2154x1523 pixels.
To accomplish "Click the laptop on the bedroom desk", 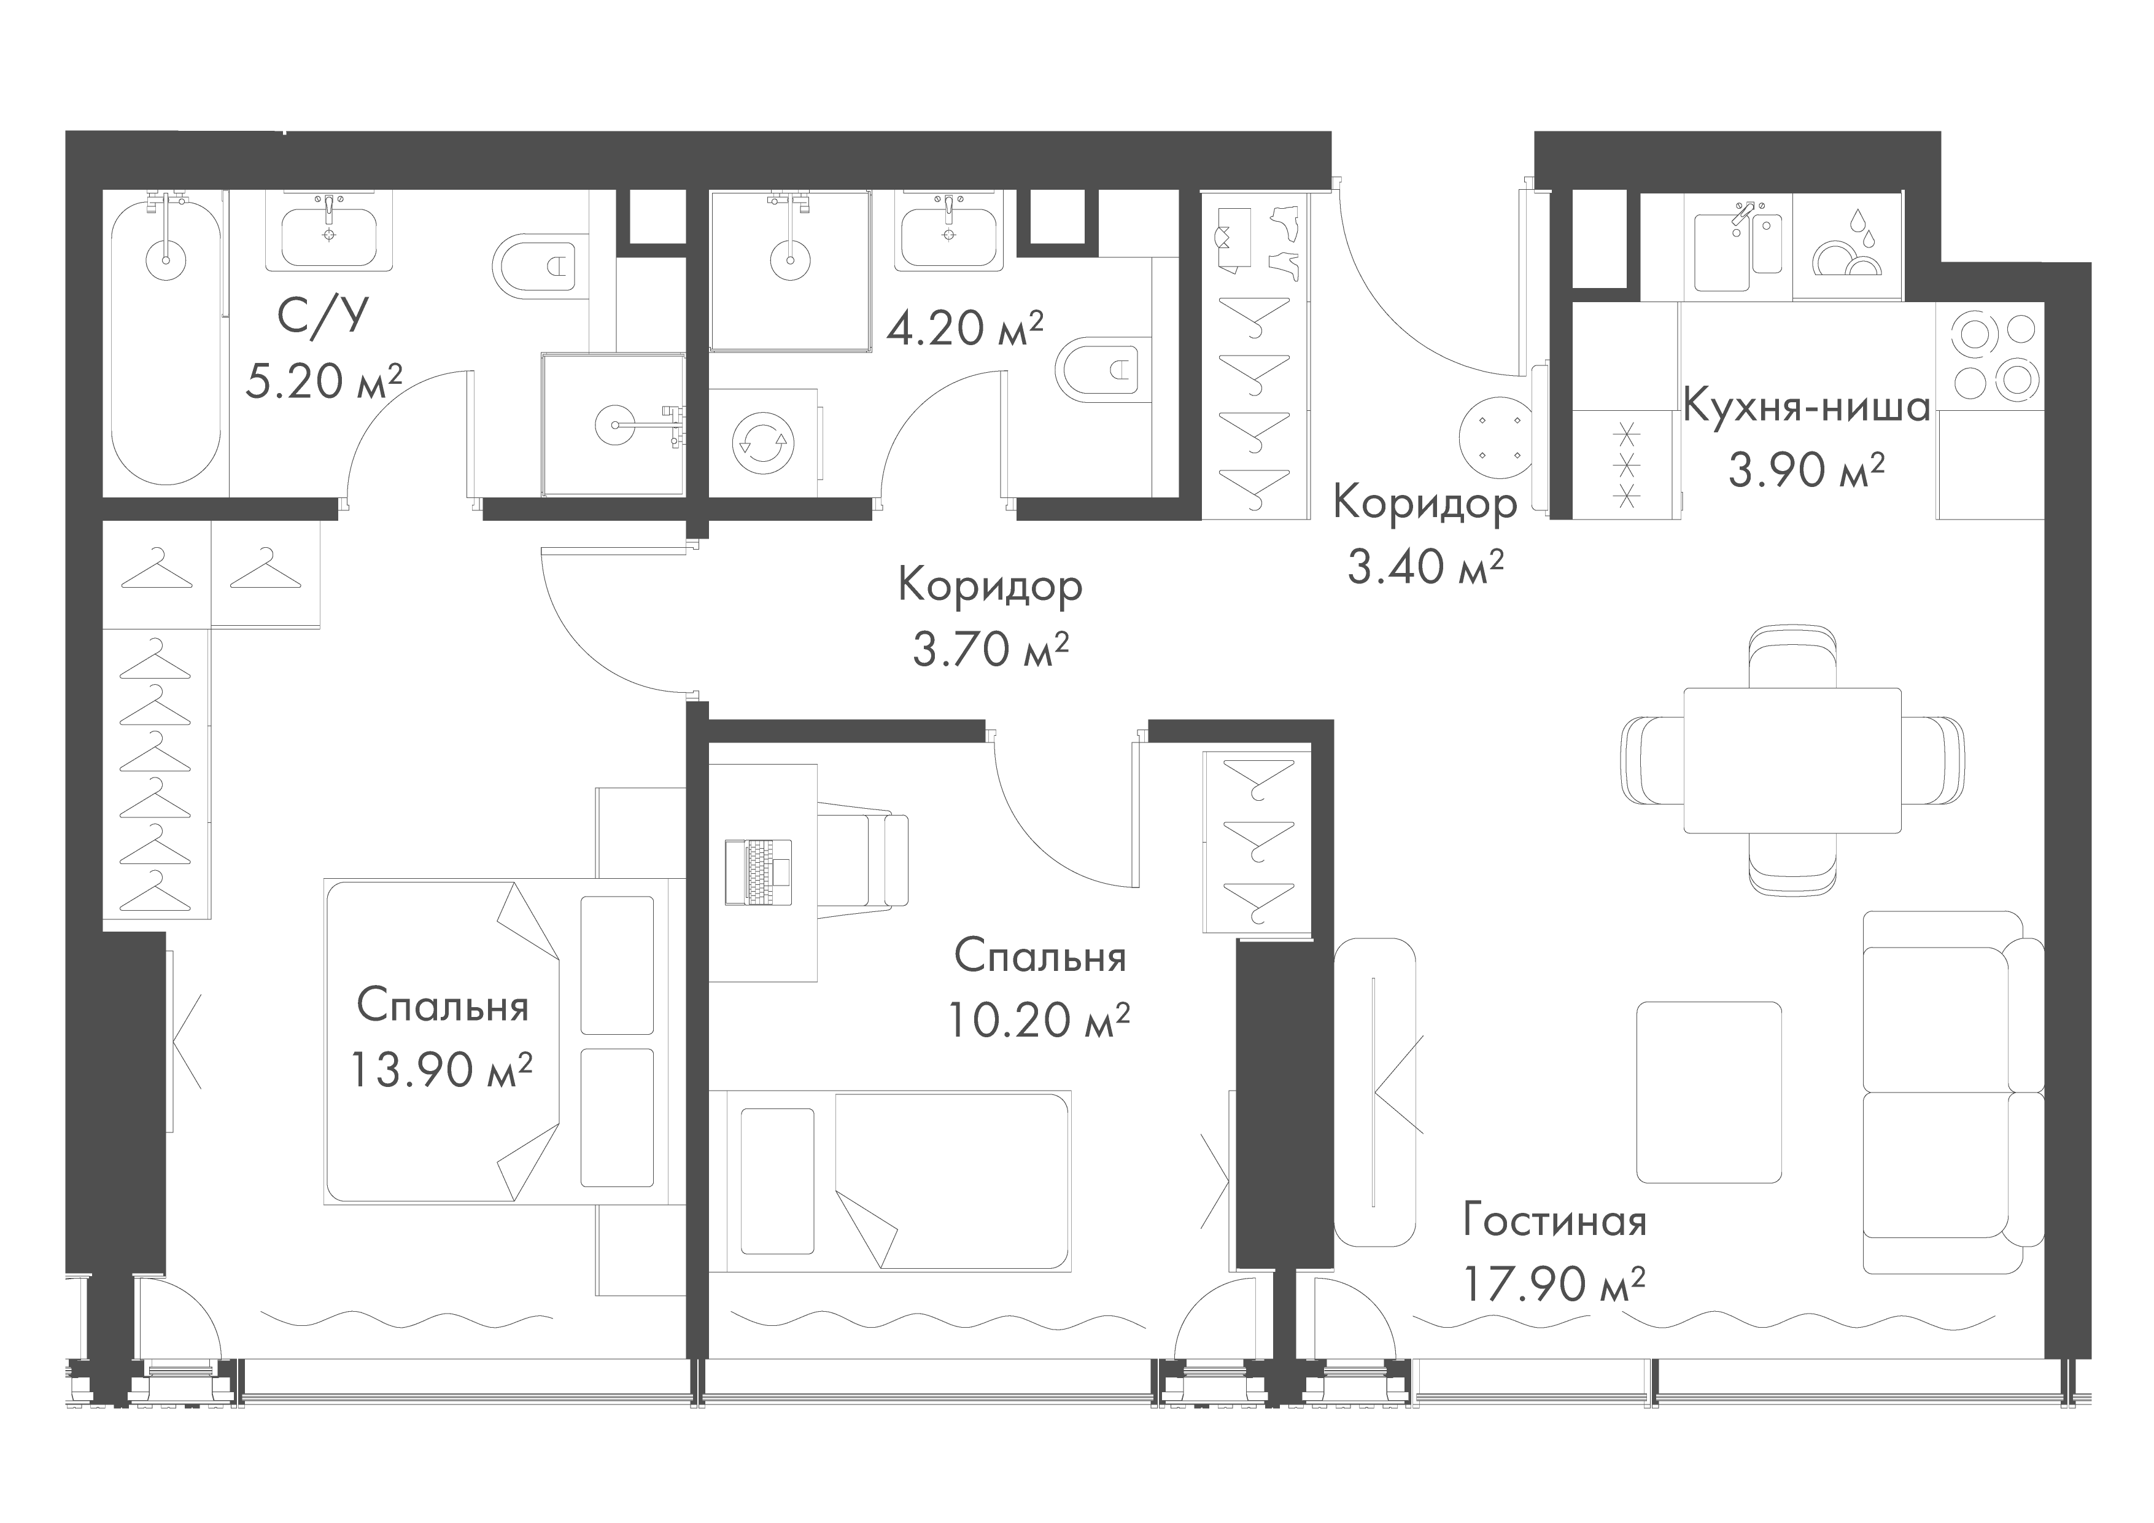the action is [x=758, y=872].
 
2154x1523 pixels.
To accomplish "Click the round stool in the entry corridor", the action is [x=1497, y=440].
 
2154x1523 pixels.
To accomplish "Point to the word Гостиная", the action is [x=1554, y=1222].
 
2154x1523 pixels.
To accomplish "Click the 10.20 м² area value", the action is [x=1039, y=1020].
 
